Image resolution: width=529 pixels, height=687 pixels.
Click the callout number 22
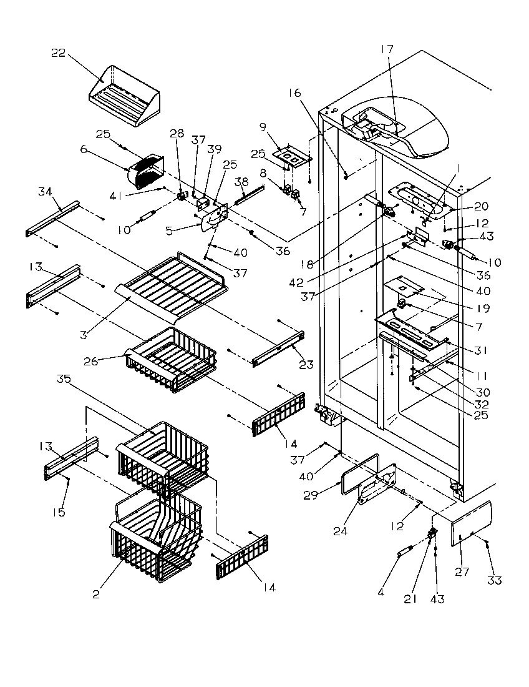[58, 52]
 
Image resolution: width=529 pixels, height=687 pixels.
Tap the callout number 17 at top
[387, 48]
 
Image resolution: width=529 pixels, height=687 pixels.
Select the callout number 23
[306, 365]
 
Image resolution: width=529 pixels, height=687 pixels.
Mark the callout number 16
[294, 92]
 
